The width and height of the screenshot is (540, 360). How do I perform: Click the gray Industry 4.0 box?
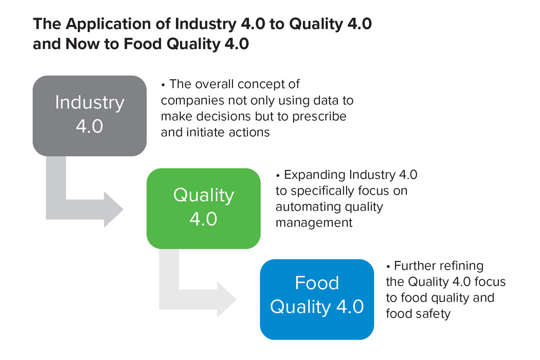[89, 115]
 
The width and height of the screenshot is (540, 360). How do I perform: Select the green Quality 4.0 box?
[203, 208]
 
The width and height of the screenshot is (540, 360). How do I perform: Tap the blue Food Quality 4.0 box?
[317, 299]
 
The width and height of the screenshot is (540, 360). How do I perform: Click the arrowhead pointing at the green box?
[113, 210]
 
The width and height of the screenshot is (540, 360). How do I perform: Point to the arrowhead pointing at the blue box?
[226, 299]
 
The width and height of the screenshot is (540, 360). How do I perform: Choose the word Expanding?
[314, 175]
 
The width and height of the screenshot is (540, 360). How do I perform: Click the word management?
[314, 223]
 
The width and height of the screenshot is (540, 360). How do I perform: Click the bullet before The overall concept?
[163, 85]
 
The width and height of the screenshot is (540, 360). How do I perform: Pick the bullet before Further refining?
[388, 266]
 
